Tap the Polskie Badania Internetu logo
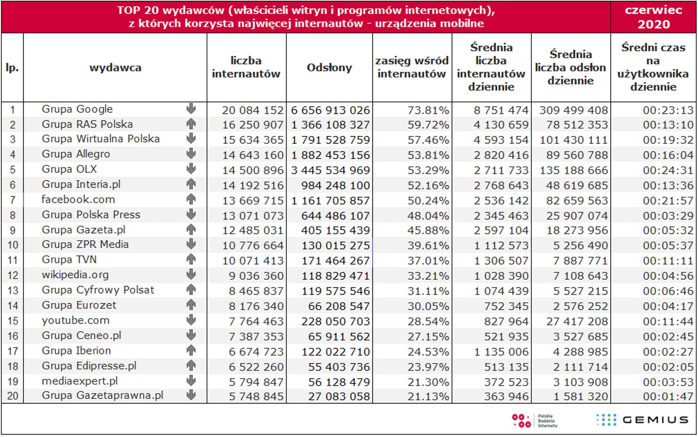click(x=534, y=420)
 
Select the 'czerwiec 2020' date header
click(x=653, y=17)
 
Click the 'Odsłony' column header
click(x=329, y=68)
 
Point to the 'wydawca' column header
click(x=115, y=68)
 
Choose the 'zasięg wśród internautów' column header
click(x=412, y=67)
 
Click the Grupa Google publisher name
click(x=77, y=109)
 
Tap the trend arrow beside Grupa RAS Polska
click(x=191, y=124)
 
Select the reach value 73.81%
click(x=428, y=110)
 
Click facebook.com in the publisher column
click(x=78, y=199)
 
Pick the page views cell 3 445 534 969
click(x=330, y=170)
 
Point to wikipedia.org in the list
click(x=75, y=275)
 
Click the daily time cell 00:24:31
click(x=668, y=170)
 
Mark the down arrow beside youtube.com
click(x=191, y=320)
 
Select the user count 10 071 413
click(x=253, y=261)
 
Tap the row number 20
click(x=13, y=396)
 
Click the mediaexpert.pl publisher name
click(x=80, y=381)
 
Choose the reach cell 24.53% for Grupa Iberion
click(x=428, y=352)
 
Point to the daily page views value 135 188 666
click(x=573, y=170)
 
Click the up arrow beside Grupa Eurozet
click(x=191, y=305)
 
